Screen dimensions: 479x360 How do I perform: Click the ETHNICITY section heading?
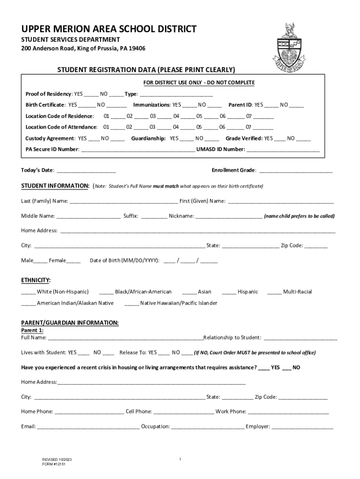(x=36, y=280)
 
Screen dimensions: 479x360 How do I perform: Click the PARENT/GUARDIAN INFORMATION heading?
(x=70, y=323)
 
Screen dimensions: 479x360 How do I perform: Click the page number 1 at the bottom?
(x=180, y=459)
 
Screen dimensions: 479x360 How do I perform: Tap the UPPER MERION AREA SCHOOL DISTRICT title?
(x=109, y=29)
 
